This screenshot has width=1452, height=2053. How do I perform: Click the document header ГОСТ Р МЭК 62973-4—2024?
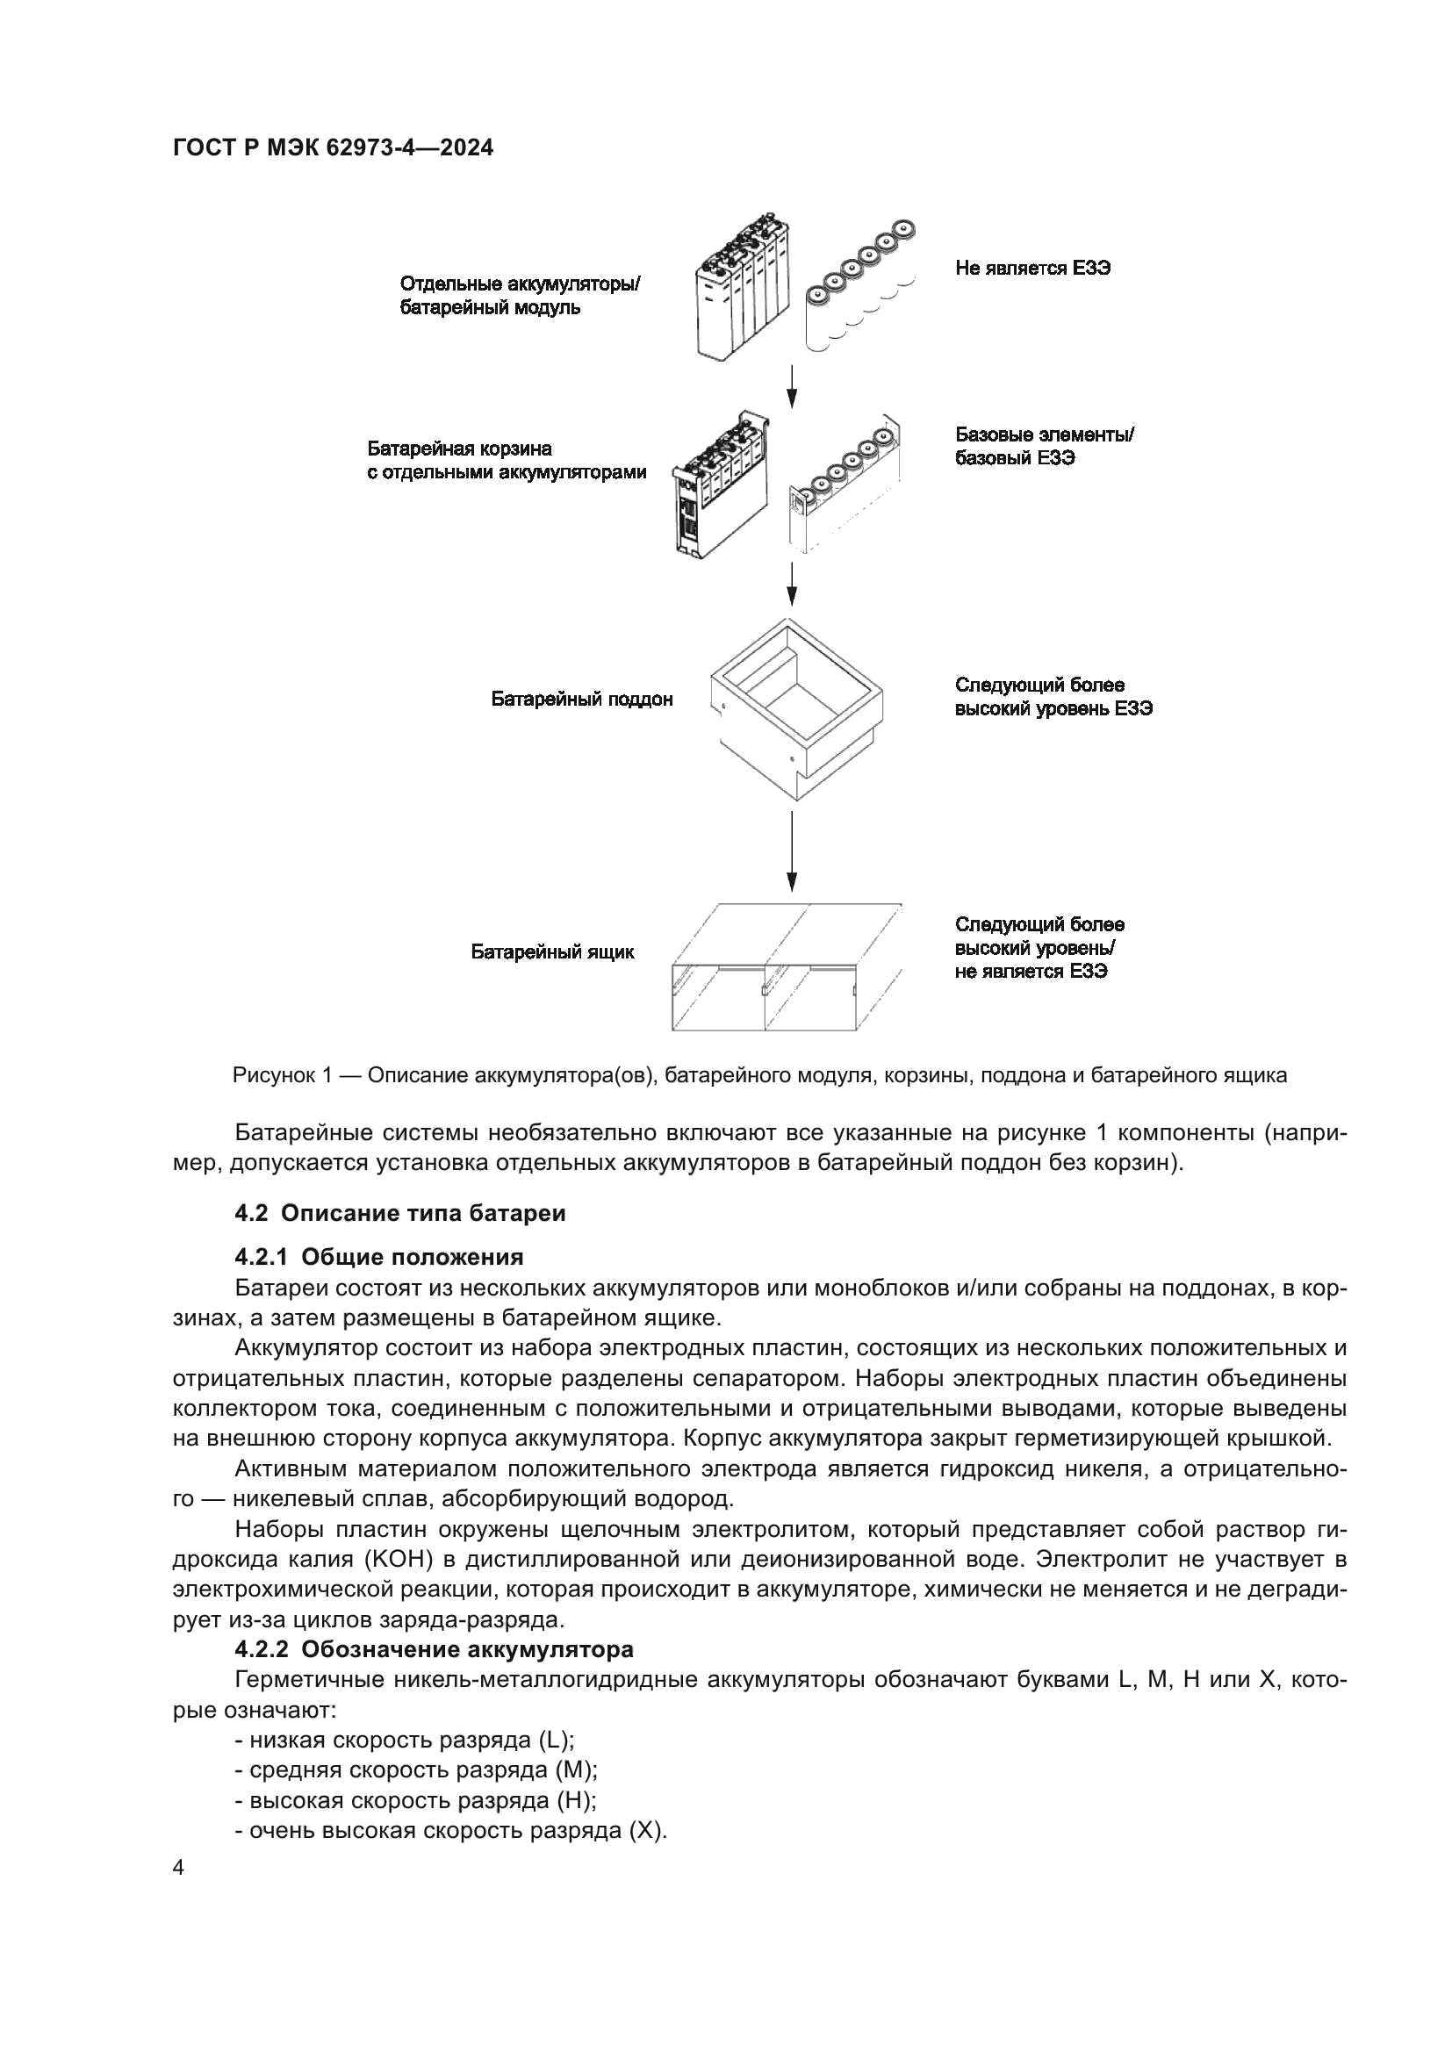pyautogui.click(x=333, y=148)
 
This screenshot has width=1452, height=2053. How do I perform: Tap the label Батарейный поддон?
pyautogui.click(x=581, y=700)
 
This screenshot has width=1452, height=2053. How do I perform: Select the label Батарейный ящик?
pyautogui.click(x=552, y=952)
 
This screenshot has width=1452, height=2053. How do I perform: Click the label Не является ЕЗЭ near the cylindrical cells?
pyautogui.click(x=1032, y=269)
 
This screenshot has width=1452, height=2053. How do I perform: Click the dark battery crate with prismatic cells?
pyautogui.click(x=721, y=487)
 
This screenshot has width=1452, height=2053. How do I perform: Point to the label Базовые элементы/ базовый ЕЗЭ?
pyautogui.click(x=1045, y=446)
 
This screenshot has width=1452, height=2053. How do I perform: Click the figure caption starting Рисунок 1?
pyautogui.click(x=759, y=1076)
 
